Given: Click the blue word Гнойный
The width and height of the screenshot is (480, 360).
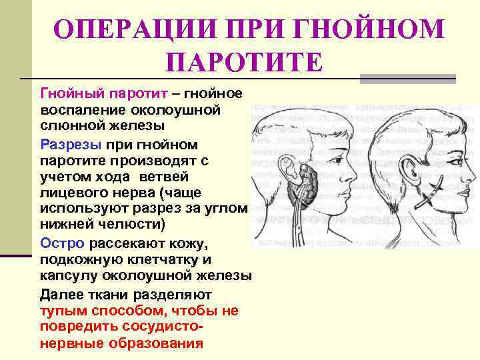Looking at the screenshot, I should click(x=69, y=92).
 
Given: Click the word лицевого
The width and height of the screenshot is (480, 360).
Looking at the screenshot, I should click(x=74, y=193).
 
